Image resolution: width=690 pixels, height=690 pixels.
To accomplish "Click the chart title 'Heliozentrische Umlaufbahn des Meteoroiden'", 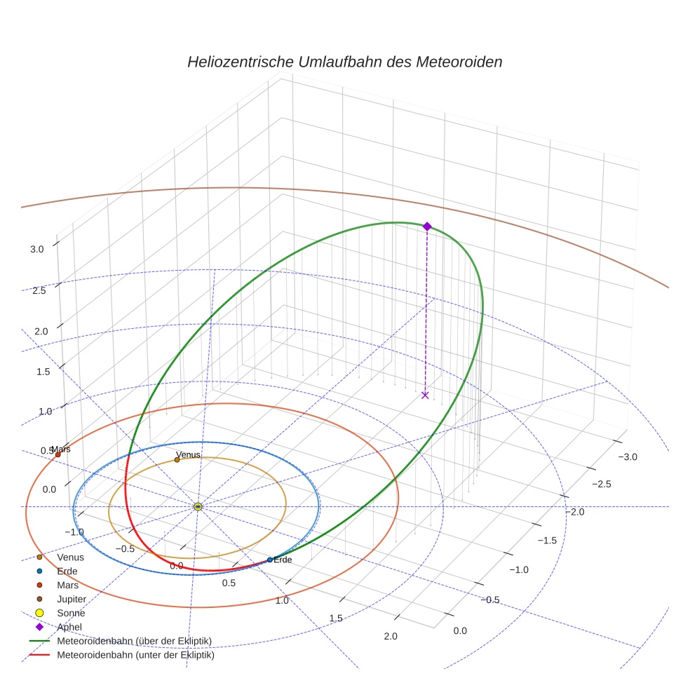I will coord(344,62).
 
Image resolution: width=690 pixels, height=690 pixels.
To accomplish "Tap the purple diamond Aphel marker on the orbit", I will coord(427,226).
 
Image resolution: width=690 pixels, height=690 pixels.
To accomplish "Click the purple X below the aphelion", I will coord(425,395).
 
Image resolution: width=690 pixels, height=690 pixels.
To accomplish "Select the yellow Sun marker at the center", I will coord(198,506).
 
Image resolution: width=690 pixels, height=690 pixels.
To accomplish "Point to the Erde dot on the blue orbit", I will coord(270,560).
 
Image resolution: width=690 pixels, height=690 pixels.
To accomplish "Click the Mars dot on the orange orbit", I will coord(57,454).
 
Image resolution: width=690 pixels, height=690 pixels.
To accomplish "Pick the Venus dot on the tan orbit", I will coord(177,460).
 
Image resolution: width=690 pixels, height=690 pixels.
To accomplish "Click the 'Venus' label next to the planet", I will coord(188,454).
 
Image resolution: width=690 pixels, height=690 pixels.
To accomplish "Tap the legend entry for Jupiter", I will coord(72,599).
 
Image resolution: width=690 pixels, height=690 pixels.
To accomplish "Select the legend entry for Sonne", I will coord(71,613).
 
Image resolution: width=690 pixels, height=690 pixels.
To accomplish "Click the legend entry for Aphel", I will coord(69,627).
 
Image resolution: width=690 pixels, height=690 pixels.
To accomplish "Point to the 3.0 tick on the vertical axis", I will coord(37,249).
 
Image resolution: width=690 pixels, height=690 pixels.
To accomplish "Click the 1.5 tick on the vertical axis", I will coord(43,372).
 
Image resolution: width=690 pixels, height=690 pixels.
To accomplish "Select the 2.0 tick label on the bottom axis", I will coord(391,636).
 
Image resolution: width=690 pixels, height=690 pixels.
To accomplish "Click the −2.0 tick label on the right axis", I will coord(575,512).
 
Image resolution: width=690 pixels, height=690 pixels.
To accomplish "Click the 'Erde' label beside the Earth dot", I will coord(283,560).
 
